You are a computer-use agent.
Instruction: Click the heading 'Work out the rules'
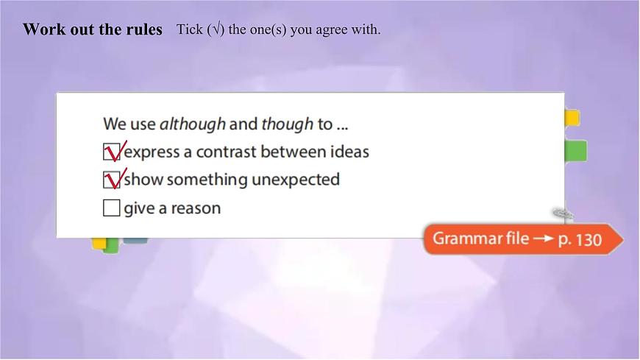tap(92, 29)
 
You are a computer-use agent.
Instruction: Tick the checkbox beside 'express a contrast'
tap(112, 152)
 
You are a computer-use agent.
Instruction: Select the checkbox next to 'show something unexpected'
tap(112, 180)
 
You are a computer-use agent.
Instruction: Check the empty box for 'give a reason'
tap(112, 208)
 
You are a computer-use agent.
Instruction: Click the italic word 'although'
tap(192, 124)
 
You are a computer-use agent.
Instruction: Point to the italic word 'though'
tap(287, 124)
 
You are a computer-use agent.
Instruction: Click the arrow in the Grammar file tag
tap(543, 239)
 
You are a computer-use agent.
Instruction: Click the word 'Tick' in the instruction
tap(188, 30)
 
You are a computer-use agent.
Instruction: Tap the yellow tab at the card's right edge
tap(572, 118)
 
